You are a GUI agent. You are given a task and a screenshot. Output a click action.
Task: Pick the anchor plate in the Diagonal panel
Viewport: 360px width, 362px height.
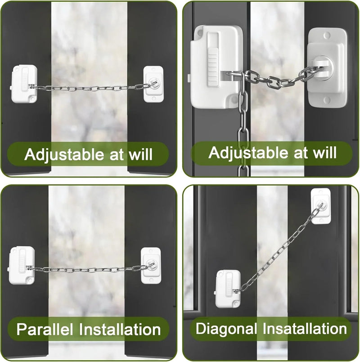(x=320, y=206)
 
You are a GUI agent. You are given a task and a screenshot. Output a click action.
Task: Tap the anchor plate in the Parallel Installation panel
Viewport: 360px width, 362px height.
(x=152, y=266)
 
